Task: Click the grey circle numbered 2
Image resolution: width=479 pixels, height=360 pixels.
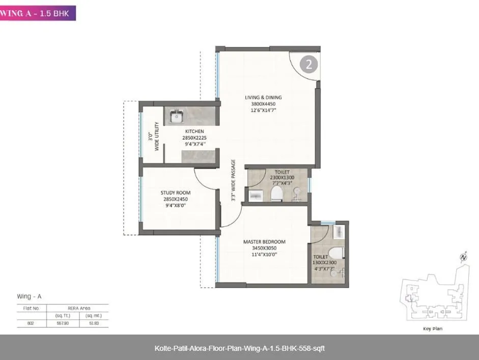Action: coord(309,64)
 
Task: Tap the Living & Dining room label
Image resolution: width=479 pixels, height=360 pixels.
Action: coord(263,97)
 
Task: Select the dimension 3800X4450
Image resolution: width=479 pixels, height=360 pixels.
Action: coord(263,103)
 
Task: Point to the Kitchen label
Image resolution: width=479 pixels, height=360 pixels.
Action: coord(194,131)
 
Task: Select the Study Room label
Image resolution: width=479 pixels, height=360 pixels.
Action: coord(175,192)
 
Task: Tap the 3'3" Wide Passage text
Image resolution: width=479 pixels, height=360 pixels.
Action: coord(233,181)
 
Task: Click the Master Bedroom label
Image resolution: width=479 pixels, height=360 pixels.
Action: coord(264,242)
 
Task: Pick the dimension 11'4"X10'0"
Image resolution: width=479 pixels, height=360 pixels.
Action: coord(264,255)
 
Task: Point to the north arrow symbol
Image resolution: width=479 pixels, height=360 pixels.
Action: coord(463,258)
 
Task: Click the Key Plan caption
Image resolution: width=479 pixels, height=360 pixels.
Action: coord(433,328)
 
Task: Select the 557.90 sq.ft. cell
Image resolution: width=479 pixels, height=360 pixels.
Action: coord(63,323)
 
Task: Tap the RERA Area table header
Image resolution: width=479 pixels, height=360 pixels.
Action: coord(77,308)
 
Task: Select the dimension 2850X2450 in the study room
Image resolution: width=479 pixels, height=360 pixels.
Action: coord(175,199)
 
